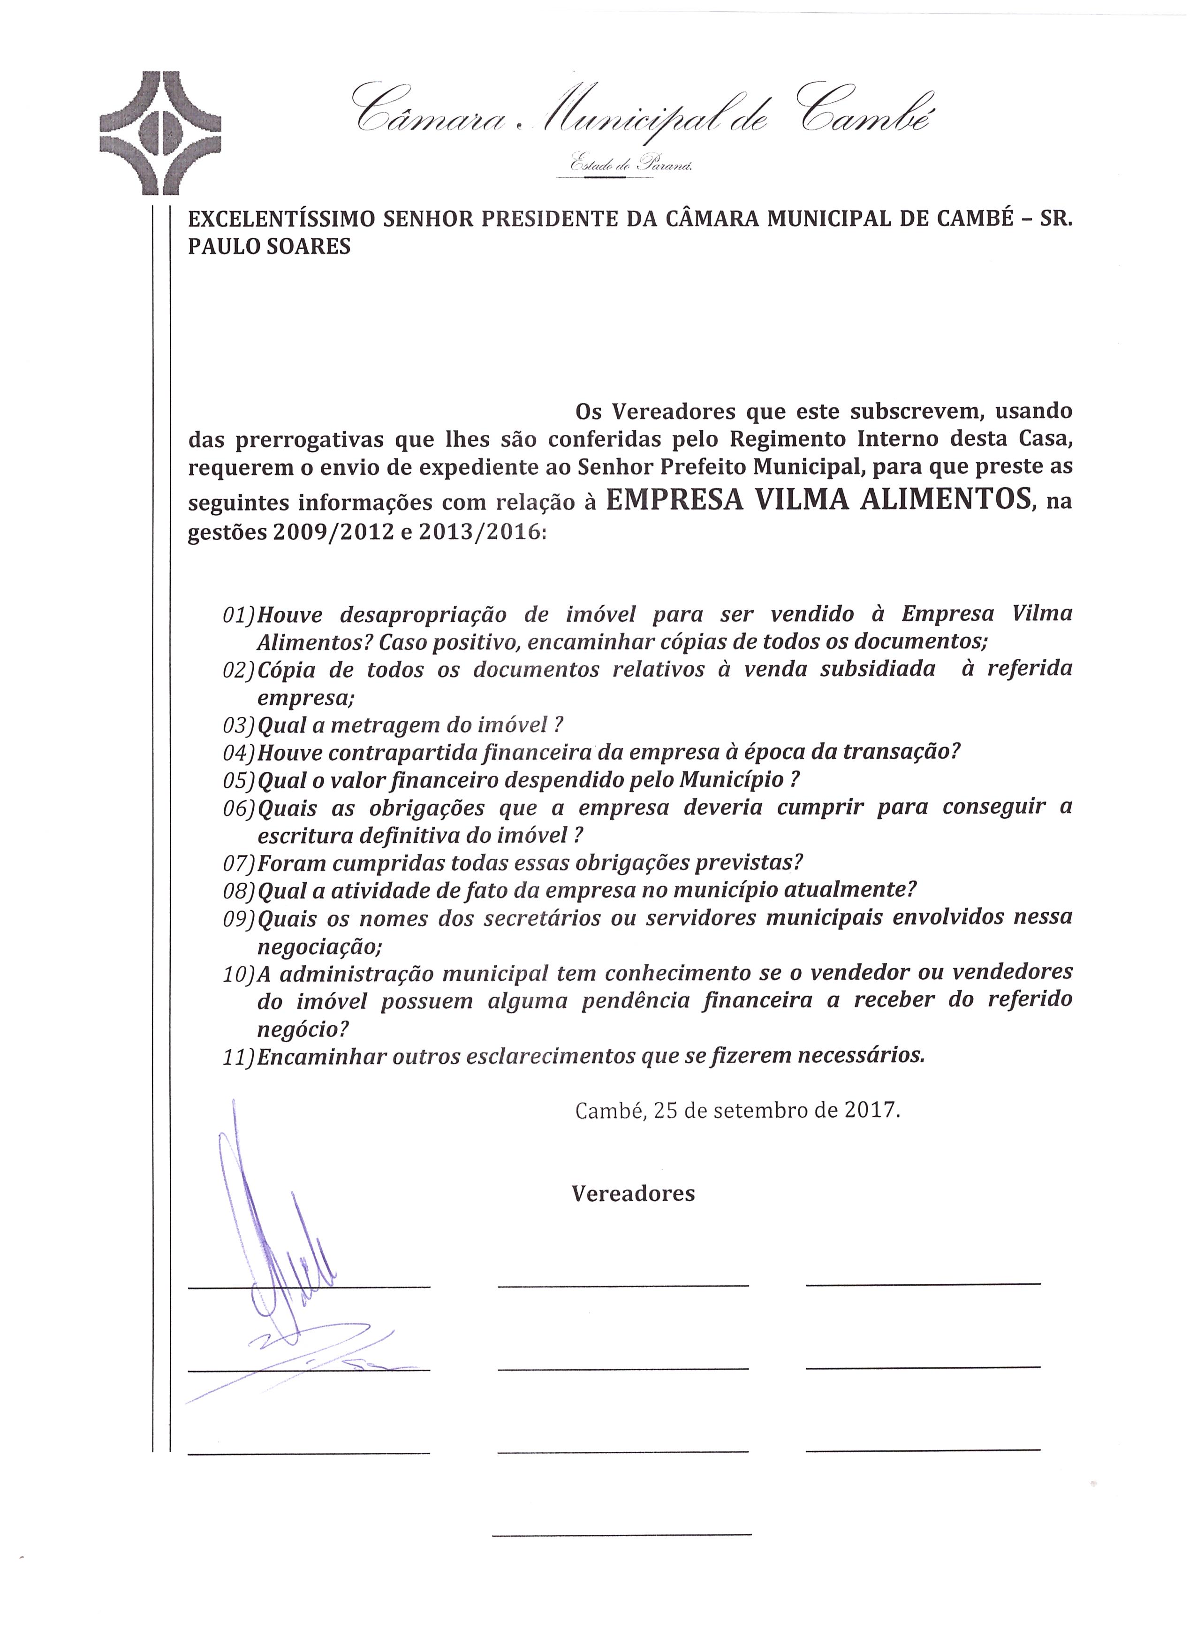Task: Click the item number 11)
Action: (239, 1057)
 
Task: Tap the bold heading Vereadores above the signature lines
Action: (633, 1194)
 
